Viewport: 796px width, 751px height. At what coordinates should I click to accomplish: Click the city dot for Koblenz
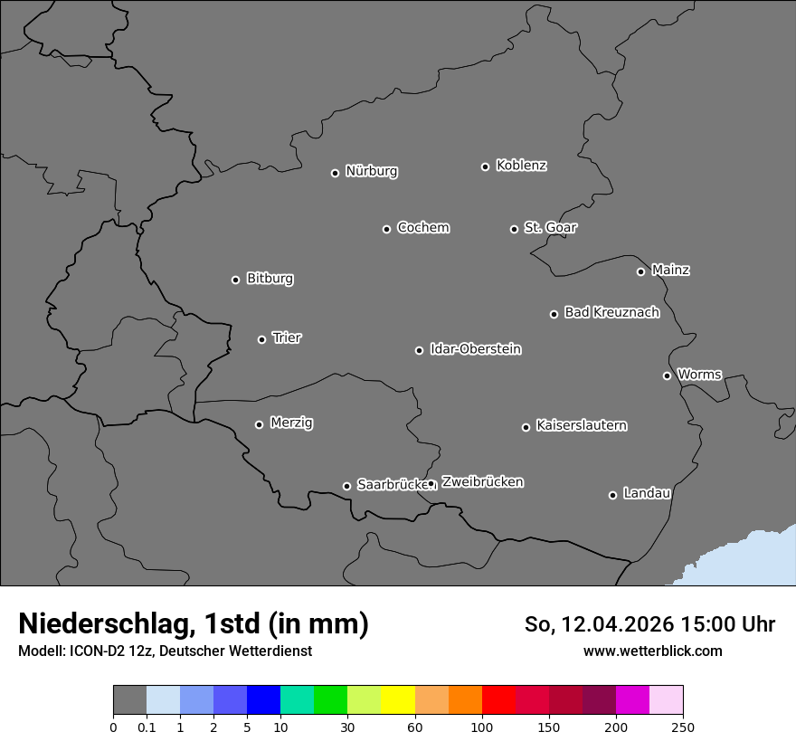(x=486, y=166)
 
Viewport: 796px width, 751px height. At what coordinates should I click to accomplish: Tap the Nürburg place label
(x=371, y=171)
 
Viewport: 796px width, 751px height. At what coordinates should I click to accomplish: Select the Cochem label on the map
(x=422, y=227)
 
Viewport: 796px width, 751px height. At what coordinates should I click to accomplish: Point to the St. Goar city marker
(x=514, y=229)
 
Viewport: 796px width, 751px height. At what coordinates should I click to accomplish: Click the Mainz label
(x=670, y=270)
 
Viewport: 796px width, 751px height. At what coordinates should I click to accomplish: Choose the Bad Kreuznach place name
(x=611, y=312)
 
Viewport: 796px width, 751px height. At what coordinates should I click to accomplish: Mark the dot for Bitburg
(x=235, y=280)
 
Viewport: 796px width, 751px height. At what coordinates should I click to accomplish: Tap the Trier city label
(x=287, y=337)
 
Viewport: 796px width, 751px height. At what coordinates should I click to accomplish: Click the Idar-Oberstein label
(x=475, y=348)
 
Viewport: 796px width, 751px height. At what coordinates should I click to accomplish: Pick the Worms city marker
(x=667, y=375)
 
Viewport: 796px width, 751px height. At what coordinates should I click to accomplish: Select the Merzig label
(x=291, y=423)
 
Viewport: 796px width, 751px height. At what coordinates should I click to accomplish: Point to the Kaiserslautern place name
(x=581, y=425)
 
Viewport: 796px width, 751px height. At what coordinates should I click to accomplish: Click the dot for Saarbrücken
(x=346, y=486)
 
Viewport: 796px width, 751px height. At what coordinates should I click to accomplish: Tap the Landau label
(x=647, y=493)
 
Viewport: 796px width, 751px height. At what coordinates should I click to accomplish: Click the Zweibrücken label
(x=482, y=482)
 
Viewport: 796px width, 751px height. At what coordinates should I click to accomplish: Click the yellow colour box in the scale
(x=398, y=700)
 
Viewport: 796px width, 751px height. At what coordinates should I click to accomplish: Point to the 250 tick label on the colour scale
(x=683, y=727)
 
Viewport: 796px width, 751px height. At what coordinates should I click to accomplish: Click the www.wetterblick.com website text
(x=652, y=651)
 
